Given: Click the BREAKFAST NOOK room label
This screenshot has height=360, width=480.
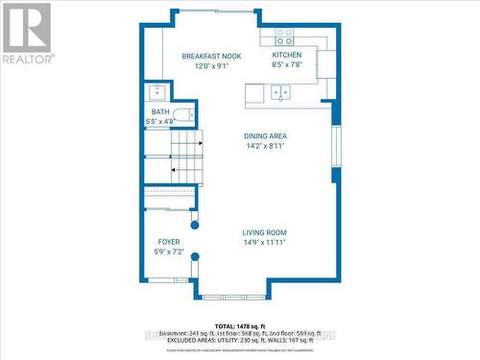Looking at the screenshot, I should (211, 57).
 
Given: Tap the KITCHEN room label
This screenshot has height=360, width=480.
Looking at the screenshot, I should (287, 56).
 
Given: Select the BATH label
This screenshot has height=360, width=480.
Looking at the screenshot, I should (159, 111).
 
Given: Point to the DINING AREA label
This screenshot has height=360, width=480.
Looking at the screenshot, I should (265, 136).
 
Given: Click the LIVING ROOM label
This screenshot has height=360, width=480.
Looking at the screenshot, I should (264, 232).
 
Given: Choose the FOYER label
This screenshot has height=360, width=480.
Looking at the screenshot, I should (169, 241).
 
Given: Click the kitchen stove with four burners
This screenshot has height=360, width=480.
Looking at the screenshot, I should (285, 37).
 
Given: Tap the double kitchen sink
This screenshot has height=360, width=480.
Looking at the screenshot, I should (280, 93).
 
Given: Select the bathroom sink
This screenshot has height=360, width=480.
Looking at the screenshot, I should (156, 92).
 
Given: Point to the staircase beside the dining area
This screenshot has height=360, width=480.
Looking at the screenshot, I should (188, 157).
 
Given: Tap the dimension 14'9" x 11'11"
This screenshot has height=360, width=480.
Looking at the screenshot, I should (264, 243).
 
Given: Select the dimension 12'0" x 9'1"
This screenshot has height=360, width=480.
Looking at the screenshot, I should (211, 66).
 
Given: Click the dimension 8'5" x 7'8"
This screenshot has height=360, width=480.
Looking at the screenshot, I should (287, 66).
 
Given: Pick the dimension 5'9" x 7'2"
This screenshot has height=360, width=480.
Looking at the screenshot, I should (169, 252).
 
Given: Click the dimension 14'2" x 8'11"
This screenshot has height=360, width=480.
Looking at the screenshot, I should (265, 146).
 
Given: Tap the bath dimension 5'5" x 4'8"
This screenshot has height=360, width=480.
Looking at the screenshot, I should (159, 122).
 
